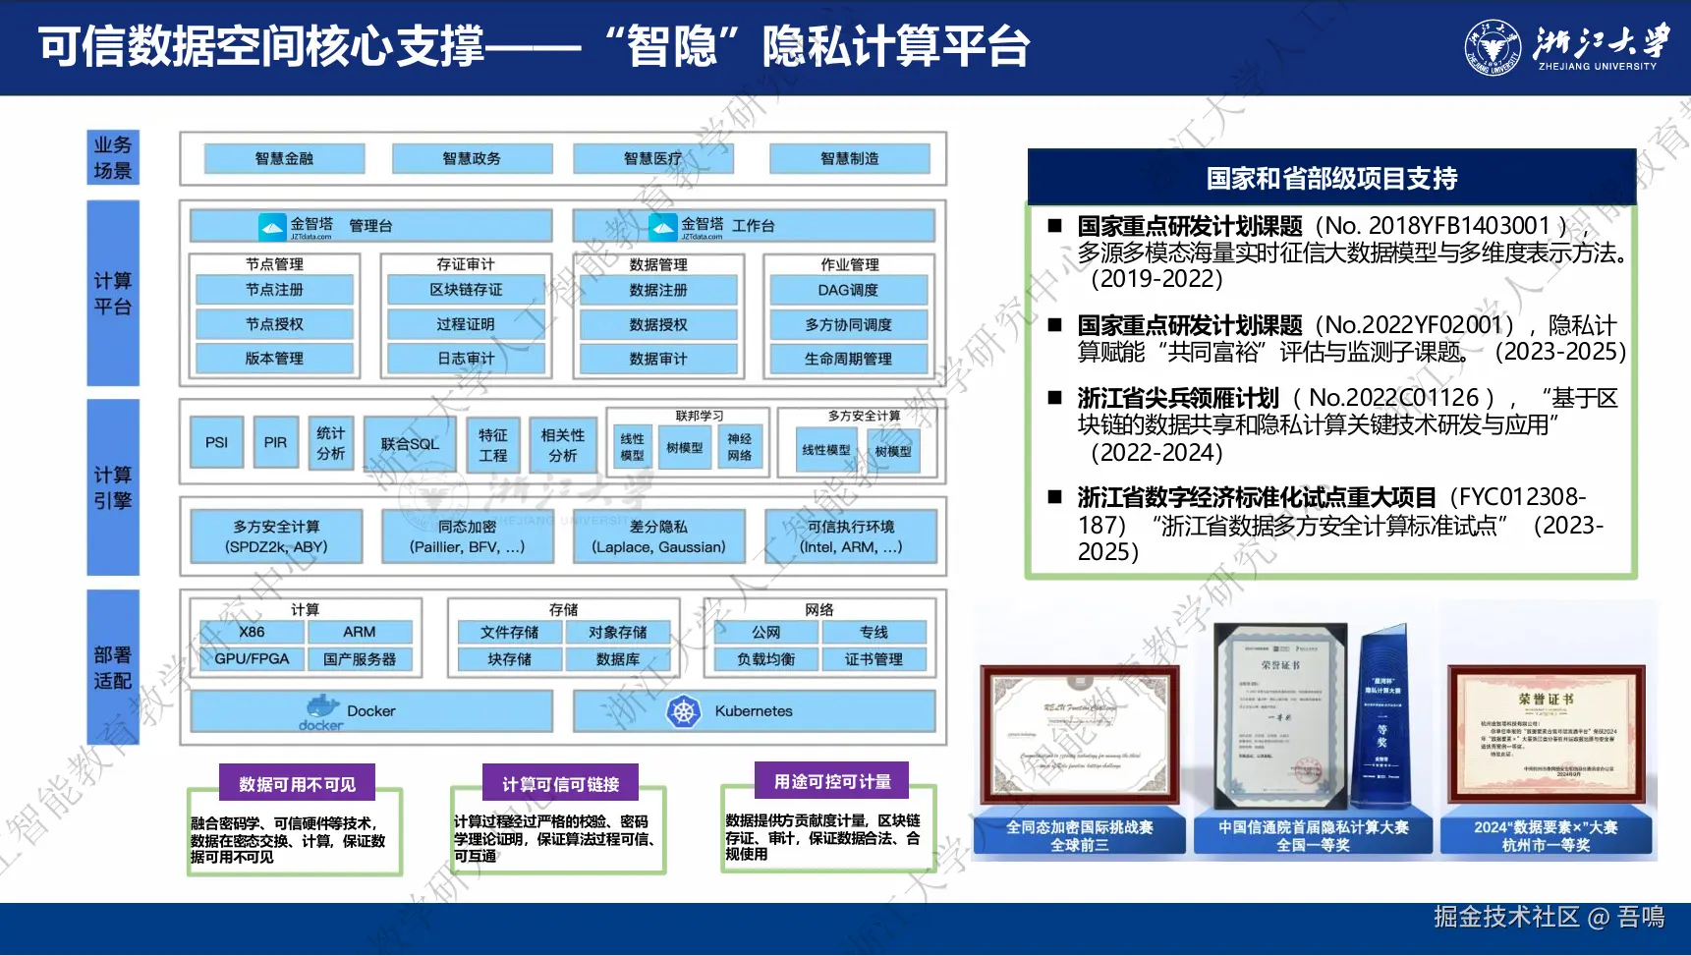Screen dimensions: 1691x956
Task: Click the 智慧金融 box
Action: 284,158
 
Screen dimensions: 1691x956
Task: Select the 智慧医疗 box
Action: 652,158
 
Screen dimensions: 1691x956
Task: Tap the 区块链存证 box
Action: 466,290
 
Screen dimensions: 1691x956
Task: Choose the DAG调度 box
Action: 848,290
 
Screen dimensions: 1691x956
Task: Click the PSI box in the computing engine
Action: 216,442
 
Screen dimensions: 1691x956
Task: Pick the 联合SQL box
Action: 410,444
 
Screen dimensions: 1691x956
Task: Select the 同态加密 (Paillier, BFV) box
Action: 467,536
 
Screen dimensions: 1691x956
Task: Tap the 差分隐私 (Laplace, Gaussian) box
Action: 658,536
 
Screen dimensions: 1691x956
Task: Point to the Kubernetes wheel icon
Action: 683,711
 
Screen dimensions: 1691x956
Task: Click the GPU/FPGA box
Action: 252,659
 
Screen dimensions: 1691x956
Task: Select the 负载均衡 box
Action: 765,659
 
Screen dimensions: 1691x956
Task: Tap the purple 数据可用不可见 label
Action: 297,784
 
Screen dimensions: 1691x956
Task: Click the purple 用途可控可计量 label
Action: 831,781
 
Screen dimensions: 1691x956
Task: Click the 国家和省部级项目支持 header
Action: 1331,178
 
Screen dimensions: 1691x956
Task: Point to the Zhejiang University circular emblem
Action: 1493,48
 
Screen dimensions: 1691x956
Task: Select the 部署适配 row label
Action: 113,667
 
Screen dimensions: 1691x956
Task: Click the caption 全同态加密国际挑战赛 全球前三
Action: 1079,835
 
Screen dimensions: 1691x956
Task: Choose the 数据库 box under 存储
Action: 617,659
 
